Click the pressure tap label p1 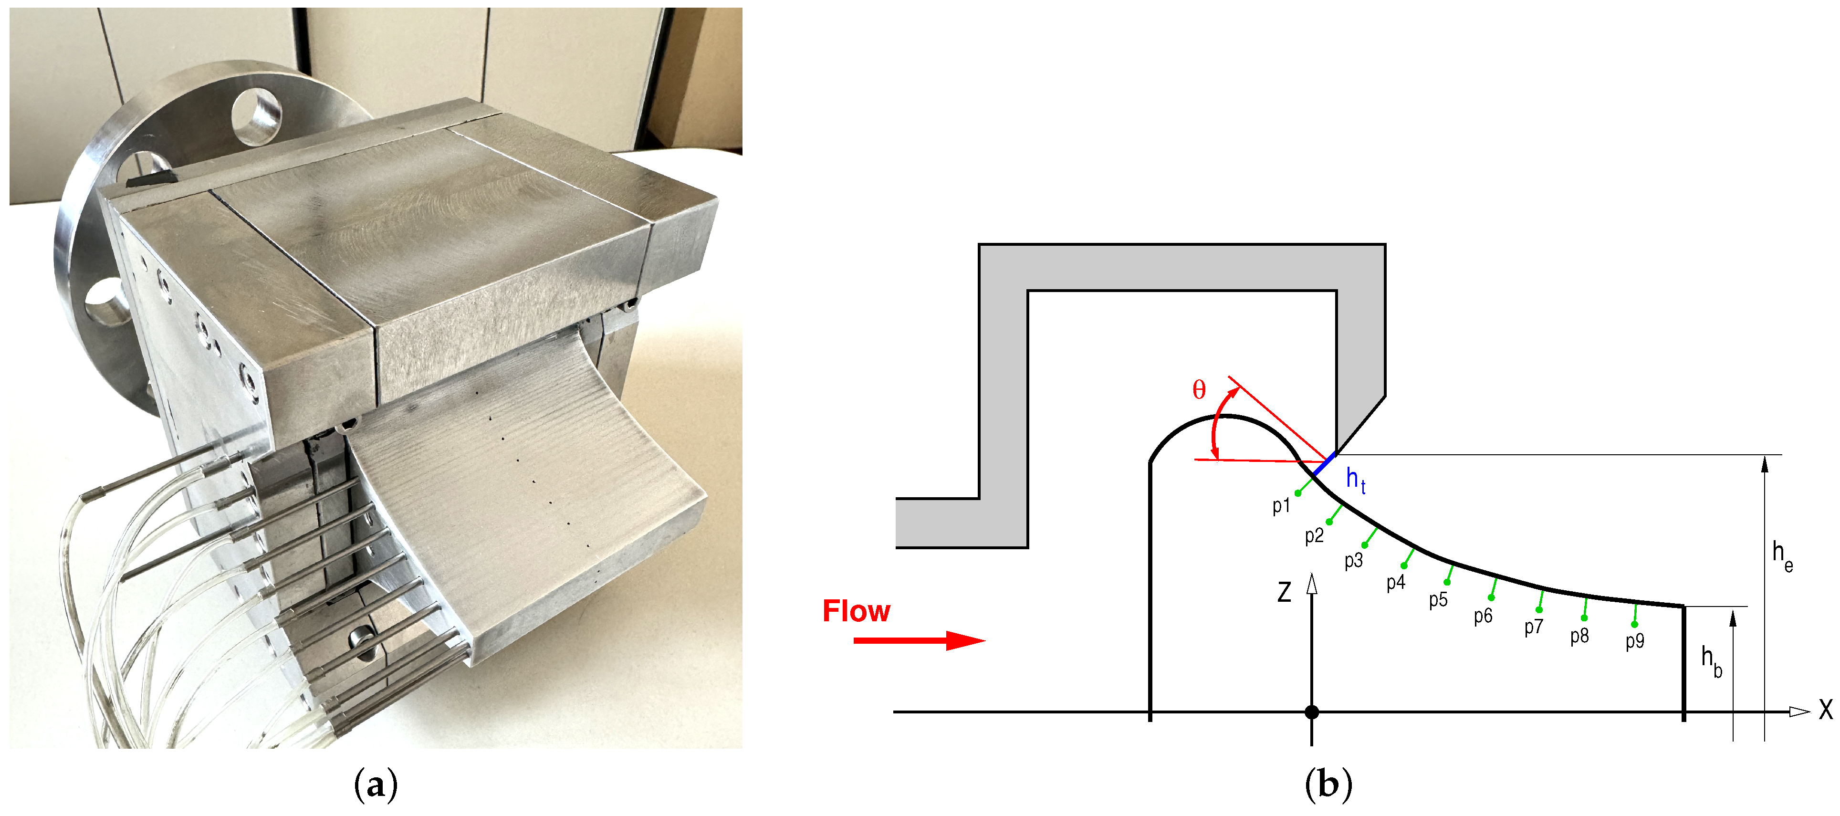(x=1281, y=506)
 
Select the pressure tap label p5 (x=1438, y=599)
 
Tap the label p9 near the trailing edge (x=1634, y=641)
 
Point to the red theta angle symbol (x=1199, y=389)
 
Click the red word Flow (x=856, y=611)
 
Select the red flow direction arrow (x=919, y=639)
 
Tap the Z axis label (x=1284, y=592)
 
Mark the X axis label (x=1826, y=710)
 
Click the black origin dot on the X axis (x=1311, y=711)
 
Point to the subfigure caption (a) (x=375, y=785)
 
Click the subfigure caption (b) (x=1328, y=785)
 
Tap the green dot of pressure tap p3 (x=1364, y=545)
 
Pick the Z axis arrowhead (x=1311, y=584)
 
